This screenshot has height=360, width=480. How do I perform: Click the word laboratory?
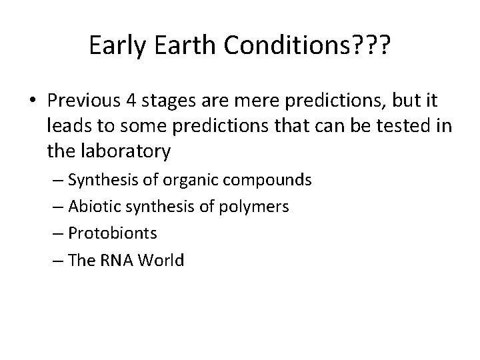pyautogui.click(x=122, y=151)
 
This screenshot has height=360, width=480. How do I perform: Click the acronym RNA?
pyautogui.click(x=119, y=260)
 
